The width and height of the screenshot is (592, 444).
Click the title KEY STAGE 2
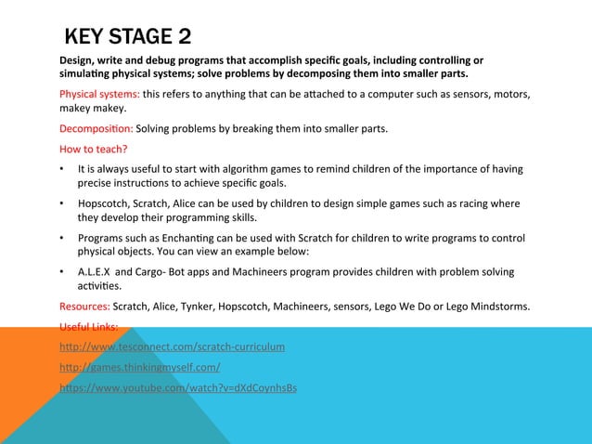(x=128, y=38)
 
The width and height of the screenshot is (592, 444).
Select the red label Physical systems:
(x=99, y=94)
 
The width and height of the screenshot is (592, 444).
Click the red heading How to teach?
(x=93, y=149)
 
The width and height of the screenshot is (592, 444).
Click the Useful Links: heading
(x=88, y=326)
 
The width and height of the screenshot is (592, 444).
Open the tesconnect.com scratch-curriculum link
(x=172, y=346)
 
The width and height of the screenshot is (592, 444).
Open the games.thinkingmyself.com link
(x=139, y=367)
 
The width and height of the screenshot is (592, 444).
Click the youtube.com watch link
(x=178, y=387)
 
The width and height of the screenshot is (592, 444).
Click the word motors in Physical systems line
(x=512, y=94)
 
